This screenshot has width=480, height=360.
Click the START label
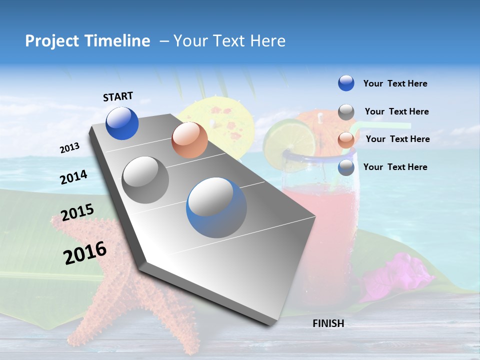118,96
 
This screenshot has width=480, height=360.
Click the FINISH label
328,323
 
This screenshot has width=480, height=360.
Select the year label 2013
69,148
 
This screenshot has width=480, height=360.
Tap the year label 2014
74,177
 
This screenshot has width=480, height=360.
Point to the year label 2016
85,253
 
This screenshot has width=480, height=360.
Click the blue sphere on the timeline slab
122,123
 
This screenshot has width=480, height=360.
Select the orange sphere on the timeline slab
189,140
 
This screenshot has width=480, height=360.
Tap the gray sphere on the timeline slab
145,179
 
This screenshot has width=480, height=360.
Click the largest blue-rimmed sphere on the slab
216,207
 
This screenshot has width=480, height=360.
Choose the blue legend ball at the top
346,83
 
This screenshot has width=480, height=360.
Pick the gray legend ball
346,112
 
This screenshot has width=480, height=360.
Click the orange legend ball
346,139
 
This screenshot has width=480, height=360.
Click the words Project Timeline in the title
87,41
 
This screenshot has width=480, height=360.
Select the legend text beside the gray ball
397,111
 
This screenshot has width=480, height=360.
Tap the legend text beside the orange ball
398,139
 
